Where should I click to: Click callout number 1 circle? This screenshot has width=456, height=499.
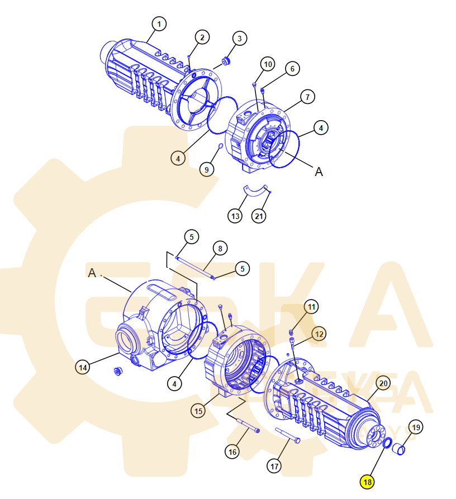pyautogui.click(x=160, y=24)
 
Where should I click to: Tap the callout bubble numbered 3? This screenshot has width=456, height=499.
pyautogui.click(x=239, y=39)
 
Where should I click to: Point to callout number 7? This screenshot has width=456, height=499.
pyautogui.click(x=307, y=97)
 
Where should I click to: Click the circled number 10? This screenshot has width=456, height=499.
pyautogui.click(x=268, y=64)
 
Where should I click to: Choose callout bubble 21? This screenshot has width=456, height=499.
pyautogui.click(x=258, y=216)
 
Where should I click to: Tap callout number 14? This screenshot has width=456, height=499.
pyautogui.click(x=83, y=367)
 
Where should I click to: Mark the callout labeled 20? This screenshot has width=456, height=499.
pyautogui.click(x=383, y=383)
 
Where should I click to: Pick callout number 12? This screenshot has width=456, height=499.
pyautogui.click(x=319, y=334)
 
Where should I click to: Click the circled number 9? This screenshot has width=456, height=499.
pyautogui.click(x=207, y=169)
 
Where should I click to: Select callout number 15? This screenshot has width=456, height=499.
pyautogui.click(x=198, y=411)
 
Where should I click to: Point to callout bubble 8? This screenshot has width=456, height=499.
pyautogui.click(x=220, y=248)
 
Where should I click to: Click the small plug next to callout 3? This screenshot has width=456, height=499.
pyautogui.click(x=227, y=60)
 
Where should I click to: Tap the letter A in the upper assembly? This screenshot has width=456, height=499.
pyautogui.click(x=319, y=172)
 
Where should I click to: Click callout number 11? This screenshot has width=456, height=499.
pyautogui.click(x=311, y=306)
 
